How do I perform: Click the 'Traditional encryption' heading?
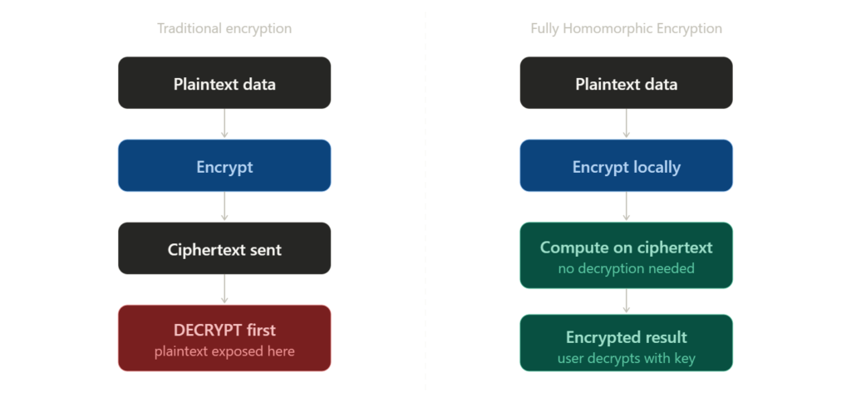[x=224, y=29]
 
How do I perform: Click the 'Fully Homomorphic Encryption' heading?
[x=626, y=29]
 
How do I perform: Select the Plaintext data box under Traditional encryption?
[x=224, y=83]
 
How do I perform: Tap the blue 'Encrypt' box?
[x=224, y=166]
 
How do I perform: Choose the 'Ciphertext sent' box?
[x=224, y=248]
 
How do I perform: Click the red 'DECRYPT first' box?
[x=224, y=337]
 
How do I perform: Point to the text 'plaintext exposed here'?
[x=224, y=351]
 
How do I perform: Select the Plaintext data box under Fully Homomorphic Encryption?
[x=626, y=83]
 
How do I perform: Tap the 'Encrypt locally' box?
[x=626, y=166]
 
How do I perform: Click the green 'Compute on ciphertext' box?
[x=626, y=255]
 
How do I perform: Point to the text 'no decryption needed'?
[x=626, y=269]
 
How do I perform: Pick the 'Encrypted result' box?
[x=626, y=342]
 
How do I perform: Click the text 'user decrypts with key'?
[x=626, y=359]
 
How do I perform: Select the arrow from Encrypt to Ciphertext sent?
[x=224, y=207]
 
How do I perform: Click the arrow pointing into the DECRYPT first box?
[x=224, y=289]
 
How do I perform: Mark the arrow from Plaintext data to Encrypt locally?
[x=626, y=124]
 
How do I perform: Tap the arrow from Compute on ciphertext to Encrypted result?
[x=626, y=301]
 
